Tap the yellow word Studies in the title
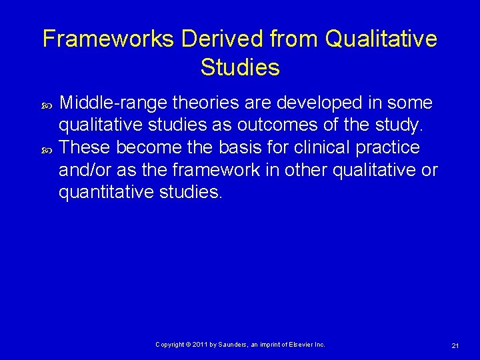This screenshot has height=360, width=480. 239,67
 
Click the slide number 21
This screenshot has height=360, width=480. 455,345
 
